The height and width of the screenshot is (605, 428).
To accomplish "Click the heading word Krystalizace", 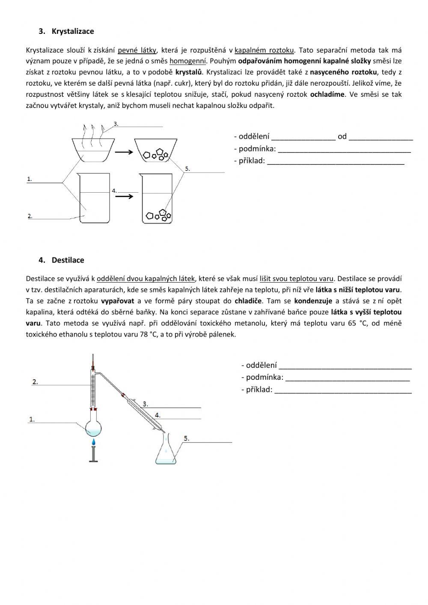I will point(73,31).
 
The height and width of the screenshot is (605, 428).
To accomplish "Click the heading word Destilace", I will point(68,260).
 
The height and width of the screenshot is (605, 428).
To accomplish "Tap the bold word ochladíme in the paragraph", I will point(327,94).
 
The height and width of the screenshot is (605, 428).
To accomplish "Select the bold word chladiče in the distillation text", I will point(248,301).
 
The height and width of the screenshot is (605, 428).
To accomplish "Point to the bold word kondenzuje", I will point(314,301).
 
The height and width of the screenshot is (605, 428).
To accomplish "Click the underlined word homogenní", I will point(188,61).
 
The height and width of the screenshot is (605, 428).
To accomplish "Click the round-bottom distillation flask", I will point(94,429).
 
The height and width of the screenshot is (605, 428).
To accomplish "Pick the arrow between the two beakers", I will point(125,196).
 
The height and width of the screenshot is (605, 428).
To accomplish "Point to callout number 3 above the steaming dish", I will point(116,123).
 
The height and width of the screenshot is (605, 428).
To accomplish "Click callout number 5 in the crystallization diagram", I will point(187,169).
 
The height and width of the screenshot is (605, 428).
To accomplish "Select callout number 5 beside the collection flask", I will point(186,438).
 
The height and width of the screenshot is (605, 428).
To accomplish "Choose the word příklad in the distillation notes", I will point(259,389).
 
